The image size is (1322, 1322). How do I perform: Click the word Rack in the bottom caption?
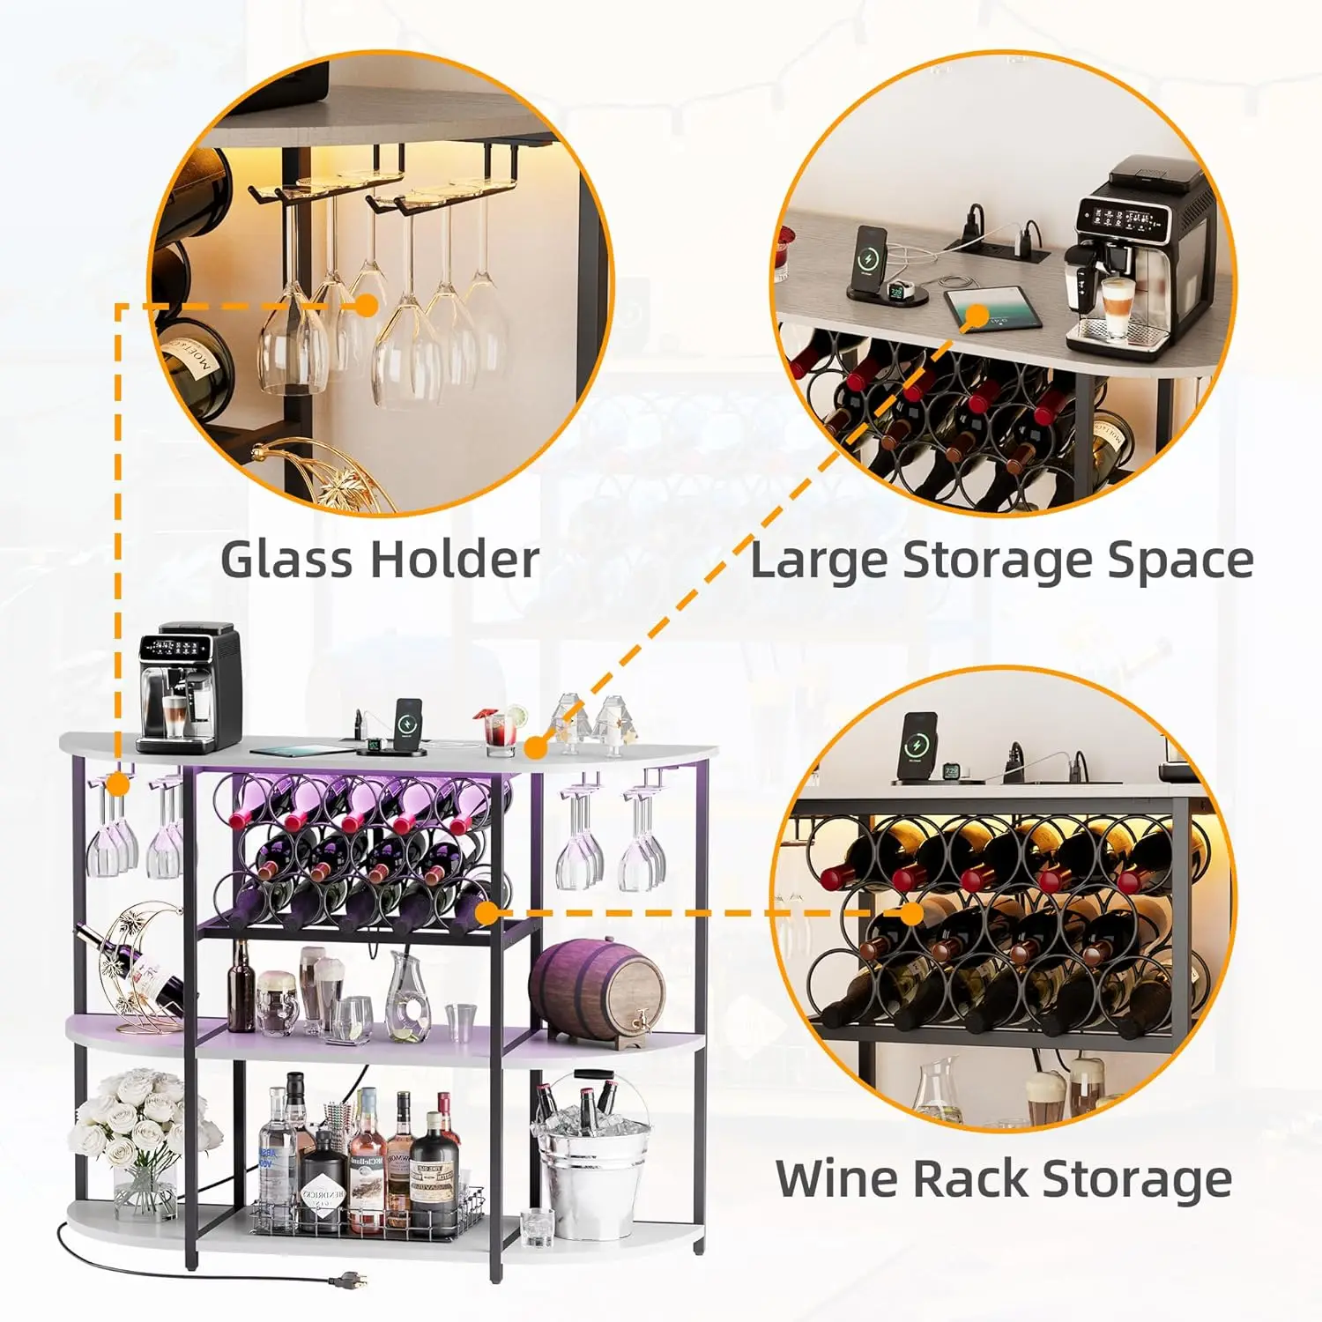pyautogui.click(x=969, y=1179)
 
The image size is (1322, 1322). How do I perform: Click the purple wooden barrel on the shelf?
pyautogui.click(x=598, y=988)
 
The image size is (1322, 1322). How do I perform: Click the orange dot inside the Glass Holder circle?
pyautogui.click(x=367, y=305)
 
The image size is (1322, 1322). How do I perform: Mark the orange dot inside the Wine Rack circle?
pyautogui.click(x=913, y=913)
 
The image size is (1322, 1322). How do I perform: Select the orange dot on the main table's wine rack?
pyautogui.click(x=486, y=913)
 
